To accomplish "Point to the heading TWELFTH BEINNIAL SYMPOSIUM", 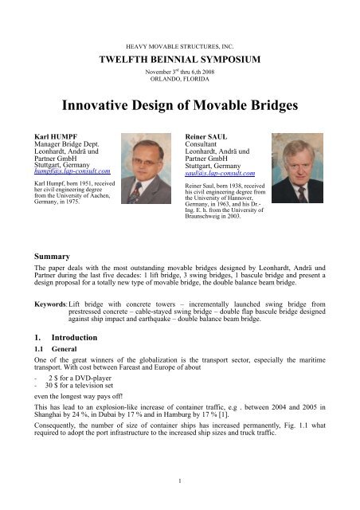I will point(179,59).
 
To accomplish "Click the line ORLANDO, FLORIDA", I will point(179,78).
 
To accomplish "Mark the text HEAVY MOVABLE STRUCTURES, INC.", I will point(179,48).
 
